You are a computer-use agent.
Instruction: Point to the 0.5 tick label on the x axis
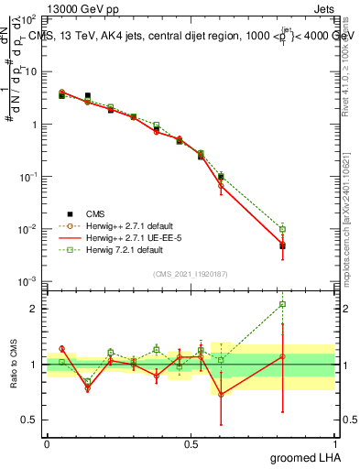[191, 443]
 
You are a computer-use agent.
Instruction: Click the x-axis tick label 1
[334, 443]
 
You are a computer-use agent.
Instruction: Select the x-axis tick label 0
[47, 443]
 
